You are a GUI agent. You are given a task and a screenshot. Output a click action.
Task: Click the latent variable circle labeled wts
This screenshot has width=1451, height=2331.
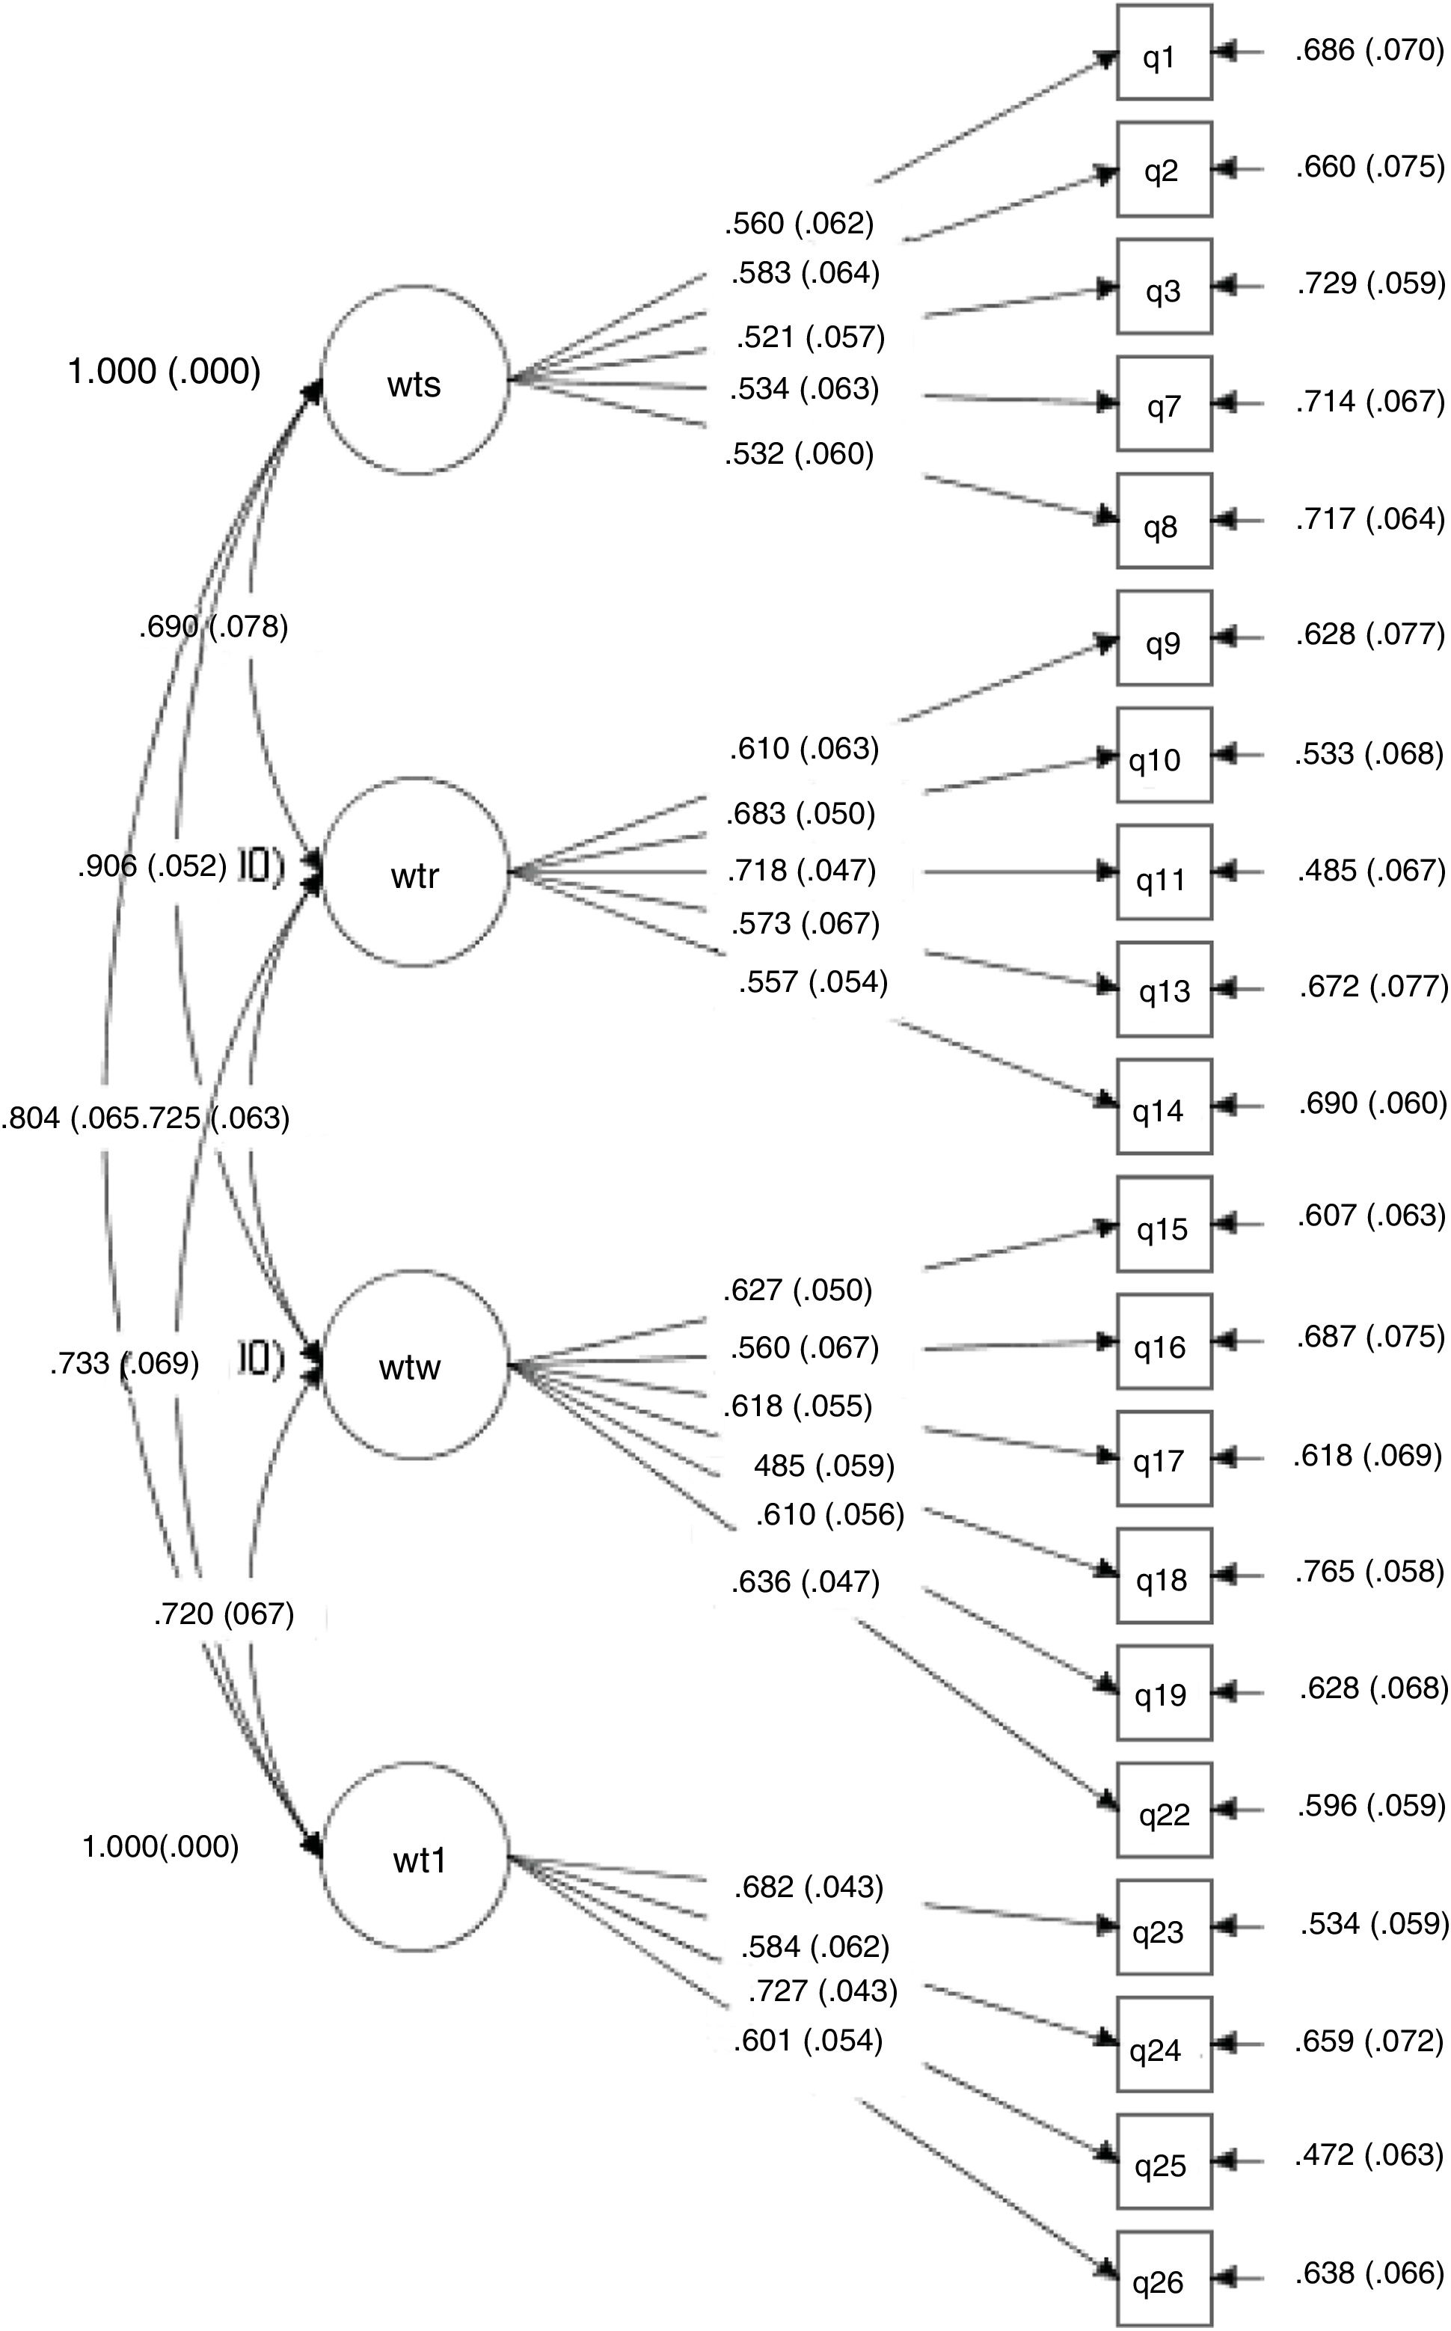(x=414, y=380)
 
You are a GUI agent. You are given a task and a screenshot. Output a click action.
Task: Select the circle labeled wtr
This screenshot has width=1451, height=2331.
(x=414, y=872)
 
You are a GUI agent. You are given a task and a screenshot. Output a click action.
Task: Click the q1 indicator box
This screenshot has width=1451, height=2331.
(x=1163, y=53)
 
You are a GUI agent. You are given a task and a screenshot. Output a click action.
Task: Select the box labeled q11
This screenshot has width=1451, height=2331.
(x=1163, y=872)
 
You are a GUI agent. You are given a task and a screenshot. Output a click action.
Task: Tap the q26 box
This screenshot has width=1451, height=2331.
(x=1163, y=2281)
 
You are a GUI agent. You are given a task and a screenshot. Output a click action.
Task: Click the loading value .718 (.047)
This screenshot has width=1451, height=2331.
(x=801, y=871)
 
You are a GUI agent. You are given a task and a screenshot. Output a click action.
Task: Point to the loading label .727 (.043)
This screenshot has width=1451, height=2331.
(x=823, y=1991)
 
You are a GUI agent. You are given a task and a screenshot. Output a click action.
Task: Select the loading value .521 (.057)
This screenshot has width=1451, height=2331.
(x=811, y=337)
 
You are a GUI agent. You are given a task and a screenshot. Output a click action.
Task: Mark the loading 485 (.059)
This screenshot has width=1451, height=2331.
(x=823, y=1465)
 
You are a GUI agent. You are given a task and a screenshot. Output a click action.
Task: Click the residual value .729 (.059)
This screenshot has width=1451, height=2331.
(x=1369, y=283)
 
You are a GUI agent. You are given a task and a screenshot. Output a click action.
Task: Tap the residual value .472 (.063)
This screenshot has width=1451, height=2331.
(x=1369, y=2155)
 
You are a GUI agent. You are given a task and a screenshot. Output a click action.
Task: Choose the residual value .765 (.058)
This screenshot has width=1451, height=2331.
(x=1369, y=1571)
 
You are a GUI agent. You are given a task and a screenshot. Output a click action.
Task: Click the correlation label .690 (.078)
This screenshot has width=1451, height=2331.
(x=213, y=627)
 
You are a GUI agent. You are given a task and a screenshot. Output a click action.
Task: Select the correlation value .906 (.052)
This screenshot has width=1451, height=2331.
(x=153, y=866)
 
